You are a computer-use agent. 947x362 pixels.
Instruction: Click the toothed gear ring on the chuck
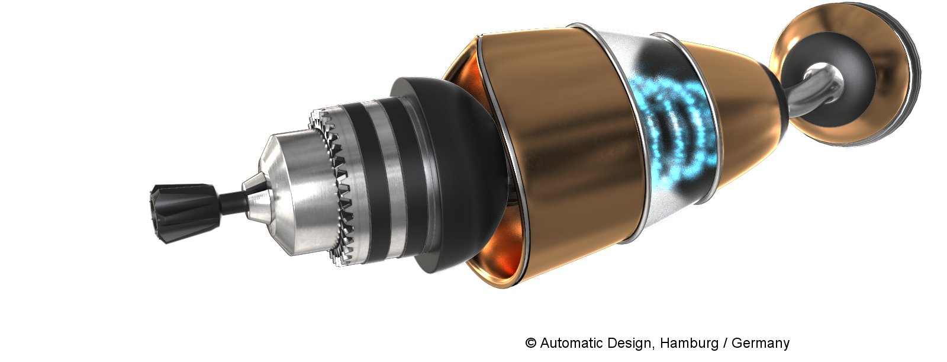point(334,186)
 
